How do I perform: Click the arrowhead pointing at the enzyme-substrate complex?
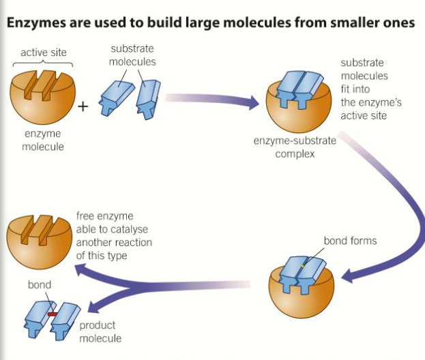coord(254,104)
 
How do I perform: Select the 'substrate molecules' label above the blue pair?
coord(132,55)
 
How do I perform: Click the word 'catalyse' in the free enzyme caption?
coord(132,230)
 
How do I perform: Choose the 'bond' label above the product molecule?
coord(39,284)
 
